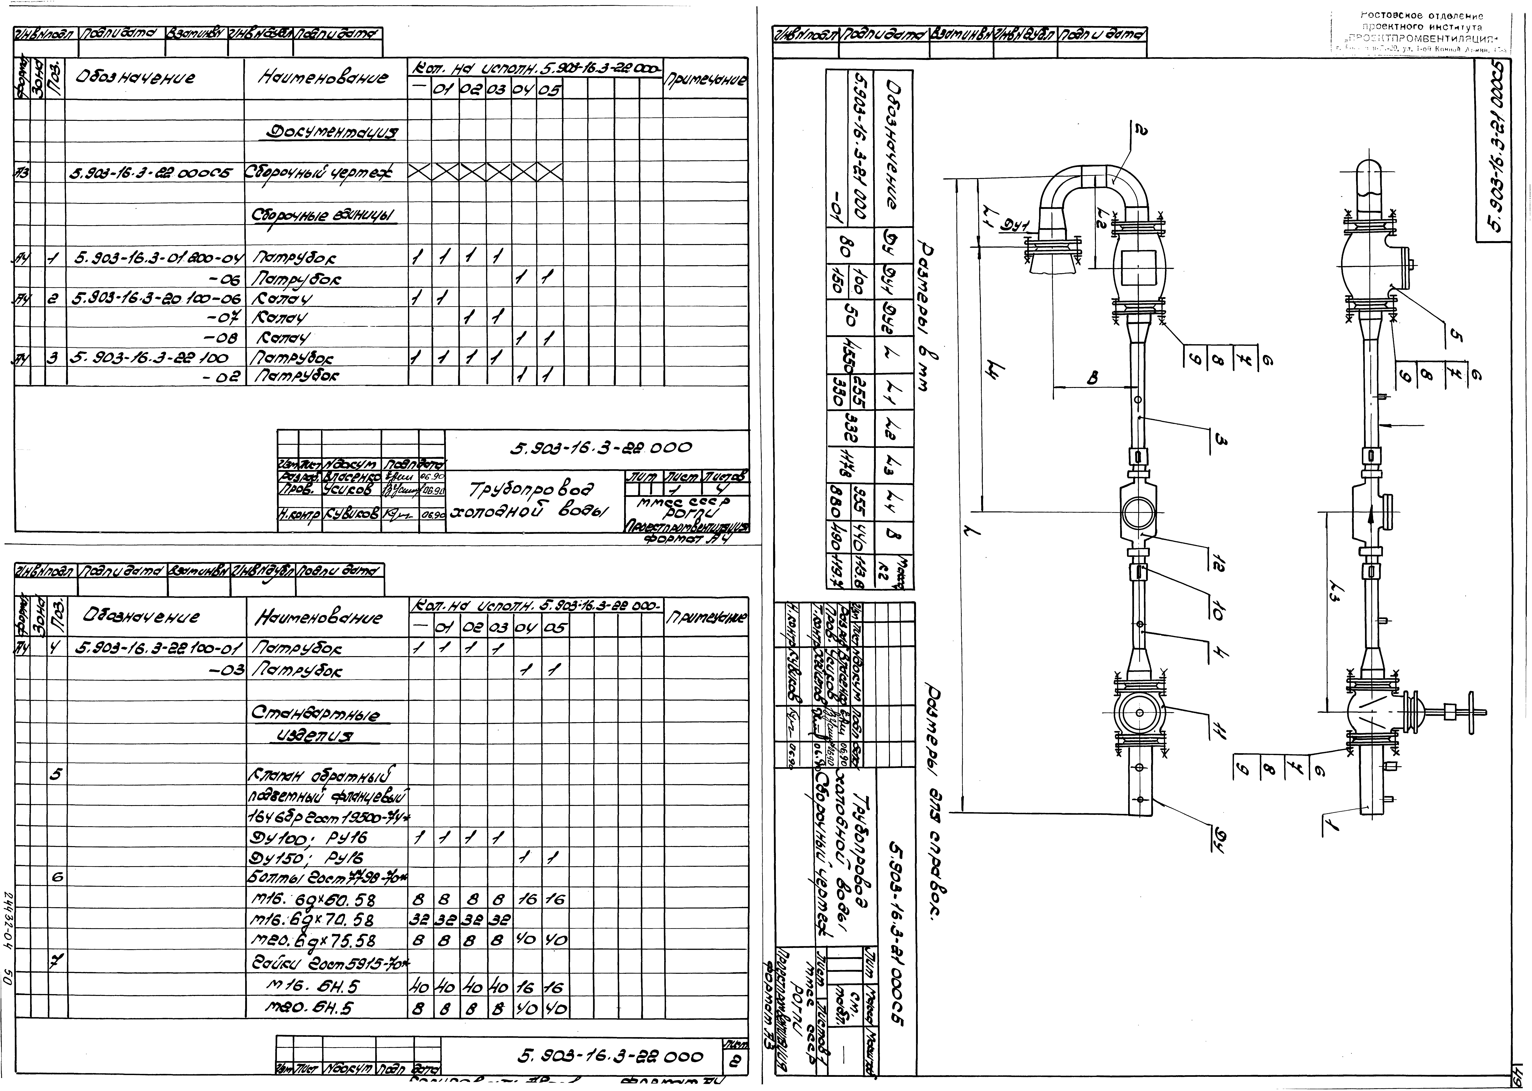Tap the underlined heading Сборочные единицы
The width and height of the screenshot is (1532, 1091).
(323, 215)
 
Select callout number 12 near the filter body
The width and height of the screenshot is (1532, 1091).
(1214, 559)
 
